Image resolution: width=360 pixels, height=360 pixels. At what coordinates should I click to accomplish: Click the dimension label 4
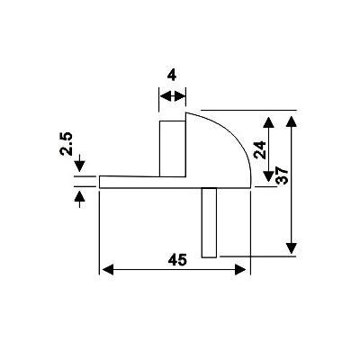[172, 76]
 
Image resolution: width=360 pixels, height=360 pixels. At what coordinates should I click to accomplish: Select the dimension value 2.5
[67, 144]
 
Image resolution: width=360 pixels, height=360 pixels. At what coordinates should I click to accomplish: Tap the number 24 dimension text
[260, 149]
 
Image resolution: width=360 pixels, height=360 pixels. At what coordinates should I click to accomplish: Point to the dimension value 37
[282, 175]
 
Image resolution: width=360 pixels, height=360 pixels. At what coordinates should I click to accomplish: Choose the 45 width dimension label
[177, 260]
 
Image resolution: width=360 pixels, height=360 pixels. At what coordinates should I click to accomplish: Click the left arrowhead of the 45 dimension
[108, 269]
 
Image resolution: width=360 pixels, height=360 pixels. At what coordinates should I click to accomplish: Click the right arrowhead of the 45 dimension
[240, 269]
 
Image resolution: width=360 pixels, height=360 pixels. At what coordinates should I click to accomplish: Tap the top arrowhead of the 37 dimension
[292, 121]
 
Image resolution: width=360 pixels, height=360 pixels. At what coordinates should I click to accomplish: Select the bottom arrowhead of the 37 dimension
[292, 248]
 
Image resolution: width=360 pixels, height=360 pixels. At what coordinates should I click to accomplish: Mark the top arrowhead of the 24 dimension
[268, 122]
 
